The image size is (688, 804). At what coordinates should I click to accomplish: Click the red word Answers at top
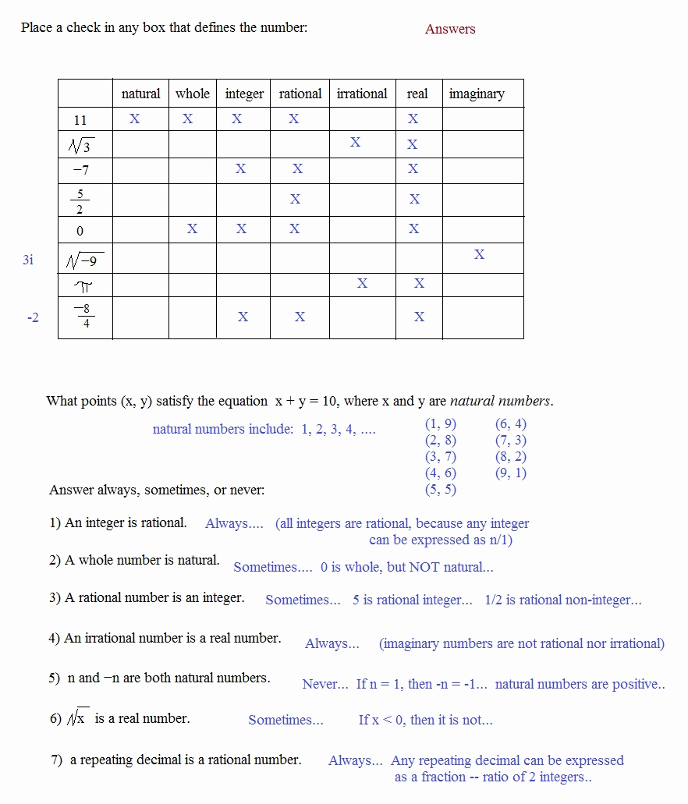point(450,29)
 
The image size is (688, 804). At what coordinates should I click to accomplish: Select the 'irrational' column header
point(362,94)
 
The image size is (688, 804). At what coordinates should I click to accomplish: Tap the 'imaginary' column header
point(477,94)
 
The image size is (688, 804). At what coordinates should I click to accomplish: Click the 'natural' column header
point(140,94)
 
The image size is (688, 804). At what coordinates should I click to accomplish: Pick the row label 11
point(80,120)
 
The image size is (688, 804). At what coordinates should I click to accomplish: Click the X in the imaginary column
point(479,254)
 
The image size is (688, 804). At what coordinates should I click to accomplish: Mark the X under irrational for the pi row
point(362,283)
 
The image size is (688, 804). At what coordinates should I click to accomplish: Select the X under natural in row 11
point(134,119)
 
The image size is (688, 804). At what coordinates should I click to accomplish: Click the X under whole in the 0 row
point(192,228)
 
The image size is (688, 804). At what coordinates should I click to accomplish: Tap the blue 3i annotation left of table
point(28,260)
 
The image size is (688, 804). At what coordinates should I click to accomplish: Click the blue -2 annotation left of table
point(33,318)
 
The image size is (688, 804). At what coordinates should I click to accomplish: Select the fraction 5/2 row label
point(80,200)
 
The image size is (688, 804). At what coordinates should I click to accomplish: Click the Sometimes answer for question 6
point(285,720)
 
